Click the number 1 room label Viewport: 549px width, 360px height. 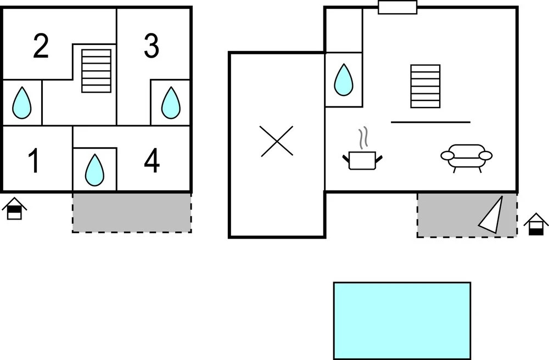tap(34, 160)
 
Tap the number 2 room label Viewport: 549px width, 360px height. tap(41, 47)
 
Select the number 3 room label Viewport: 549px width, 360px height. tap(152, 47)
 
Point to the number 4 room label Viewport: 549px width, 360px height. tap(152, 160)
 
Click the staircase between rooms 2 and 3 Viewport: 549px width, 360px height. tap(97, 71)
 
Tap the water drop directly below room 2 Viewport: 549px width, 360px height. tap(23, 103)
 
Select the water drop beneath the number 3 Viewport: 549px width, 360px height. tap(170, 103)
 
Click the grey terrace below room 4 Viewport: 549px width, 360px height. tap(132, 212)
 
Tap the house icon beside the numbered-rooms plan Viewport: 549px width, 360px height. tap(15, 209)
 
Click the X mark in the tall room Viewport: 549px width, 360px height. tap(277, 141)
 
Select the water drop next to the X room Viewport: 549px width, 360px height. tap(344, 79)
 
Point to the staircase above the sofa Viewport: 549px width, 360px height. tap(425, 86)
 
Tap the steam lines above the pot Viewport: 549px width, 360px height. tap(362, 139)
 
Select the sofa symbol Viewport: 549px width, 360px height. tap(466, 156)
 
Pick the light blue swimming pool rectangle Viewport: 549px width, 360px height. tap(402, 320)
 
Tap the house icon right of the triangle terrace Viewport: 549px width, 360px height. tap(536, 224)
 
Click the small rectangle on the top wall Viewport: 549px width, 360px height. tap(397, 7)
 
